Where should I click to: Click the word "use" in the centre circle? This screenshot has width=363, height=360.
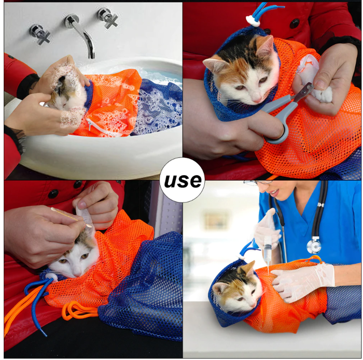pyautogui.click(x=183, y=181)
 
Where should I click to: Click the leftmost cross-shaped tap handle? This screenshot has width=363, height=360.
pyautogui.click(x=40, y=34)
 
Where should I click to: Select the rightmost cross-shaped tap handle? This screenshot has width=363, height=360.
pyautogui.click(x=108, y=18)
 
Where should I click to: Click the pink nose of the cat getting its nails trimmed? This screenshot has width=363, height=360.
pyautogui.click(x=257, y=99)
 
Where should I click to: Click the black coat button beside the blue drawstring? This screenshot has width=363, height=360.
pyautogui.click(x=295, y=23)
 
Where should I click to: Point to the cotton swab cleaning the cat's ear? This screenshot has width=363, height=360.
pyautogui.click(x=71, y=217)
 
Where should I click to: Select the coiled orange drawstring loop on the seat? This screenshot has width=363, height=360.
pyautogui.click(x=79, y=310)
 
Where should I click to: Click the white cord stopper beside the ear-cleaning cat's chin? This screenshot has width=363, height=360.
pyautogui.click(x=51, y=277)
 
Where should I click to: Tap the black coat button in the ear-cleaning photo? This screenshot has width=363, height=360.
pyautogui.click(x=53, y=194)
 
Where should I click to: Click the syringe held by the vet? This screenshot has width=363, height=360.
pyautogui.click(x=268, y=250)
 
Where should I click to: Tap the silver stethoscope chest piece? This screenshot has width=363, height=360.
pyautogui.click(x=314, y=245)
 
